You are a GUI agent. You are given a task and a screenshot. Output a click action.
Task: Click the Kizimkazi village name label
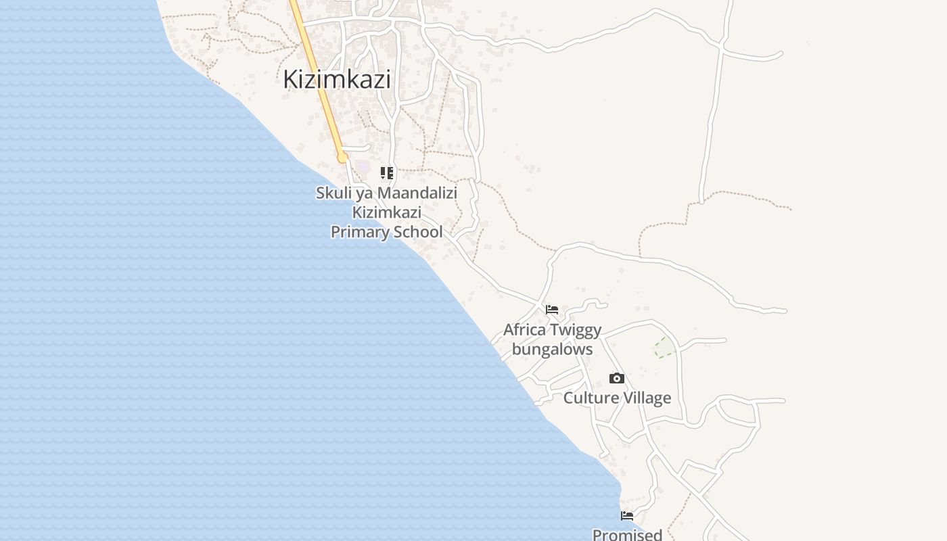pyautogui.click(x=336, y=79)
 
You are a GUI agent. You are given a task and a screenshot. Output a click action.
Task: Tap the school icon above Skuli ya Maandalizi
pyautogui.click(x=387, y=173)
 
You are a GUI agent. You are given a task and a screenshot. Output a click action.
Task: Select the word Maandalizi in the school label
pyautogui.click(x=417, y=193)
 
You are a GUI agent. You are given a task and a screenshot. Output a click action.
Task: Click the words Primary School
pyautogui.click(x=386, y=232)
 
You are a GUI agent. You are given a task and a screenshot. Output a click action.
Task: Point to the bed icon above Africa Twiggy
pyautogui.click(x=552, y=310)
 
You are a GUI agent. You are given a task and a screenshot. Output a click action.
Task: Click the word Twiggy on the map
pyautogui.click(x=576, y=331)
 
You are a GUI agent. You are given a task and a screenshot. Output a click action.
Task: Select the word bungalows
pyautogui.click(x=552, y=349)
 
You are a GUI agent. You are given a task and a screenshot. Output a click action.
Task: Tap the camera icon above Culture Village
pyautogui.click(x=616, y=378)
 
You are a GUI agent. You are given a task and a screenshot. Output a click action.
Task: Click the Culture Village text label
pyautogui.click(x=617, y=398)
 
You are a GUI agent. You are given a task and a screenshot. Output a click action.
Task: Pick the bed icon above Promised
pyautogui.click(x=627, y=516)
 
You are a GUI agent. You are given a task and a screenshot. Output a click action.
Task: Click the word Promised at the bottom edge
pyautogui.click(x=627, y=534)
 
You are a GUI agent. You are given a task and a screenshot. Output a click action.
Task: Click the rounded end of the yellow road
pyautogui.click(x=343, y=158)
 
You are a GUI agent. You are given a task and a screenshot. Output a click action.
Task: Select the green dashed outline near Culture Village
pyautogui.click(x=664, y=348)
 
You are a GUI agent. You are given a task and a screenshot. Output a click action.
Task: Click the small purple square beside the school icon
pyautogui.click(x=364, y=166)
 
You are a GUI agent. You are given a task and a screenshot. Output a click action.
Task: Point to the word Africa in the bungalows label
pyautogui.click(x=524, y=331)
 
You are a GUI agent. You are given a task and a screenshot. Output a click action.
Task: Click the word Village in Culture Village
pyautogui.click(x=648, y=398)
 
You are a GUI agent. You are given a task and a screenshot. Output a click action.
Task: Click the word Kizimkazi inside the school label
pyautogui.click(x=386, y=212)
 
